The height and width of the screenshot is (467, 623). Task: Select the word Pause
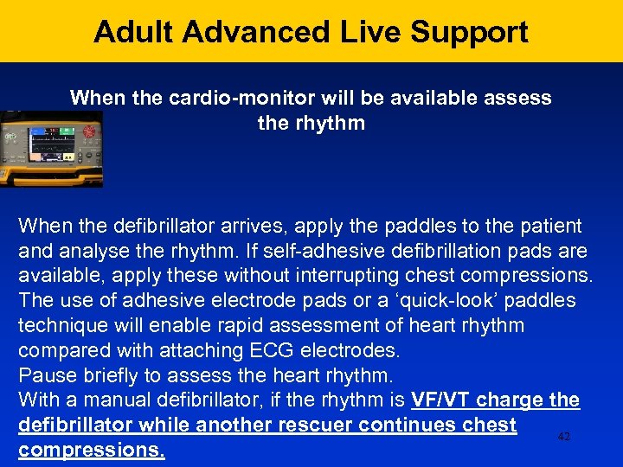[45, 376]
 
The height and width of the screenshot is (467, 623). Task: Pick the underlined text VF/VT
[440, 401]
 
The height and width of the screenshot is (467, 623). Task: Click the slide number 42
[564, 438]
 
